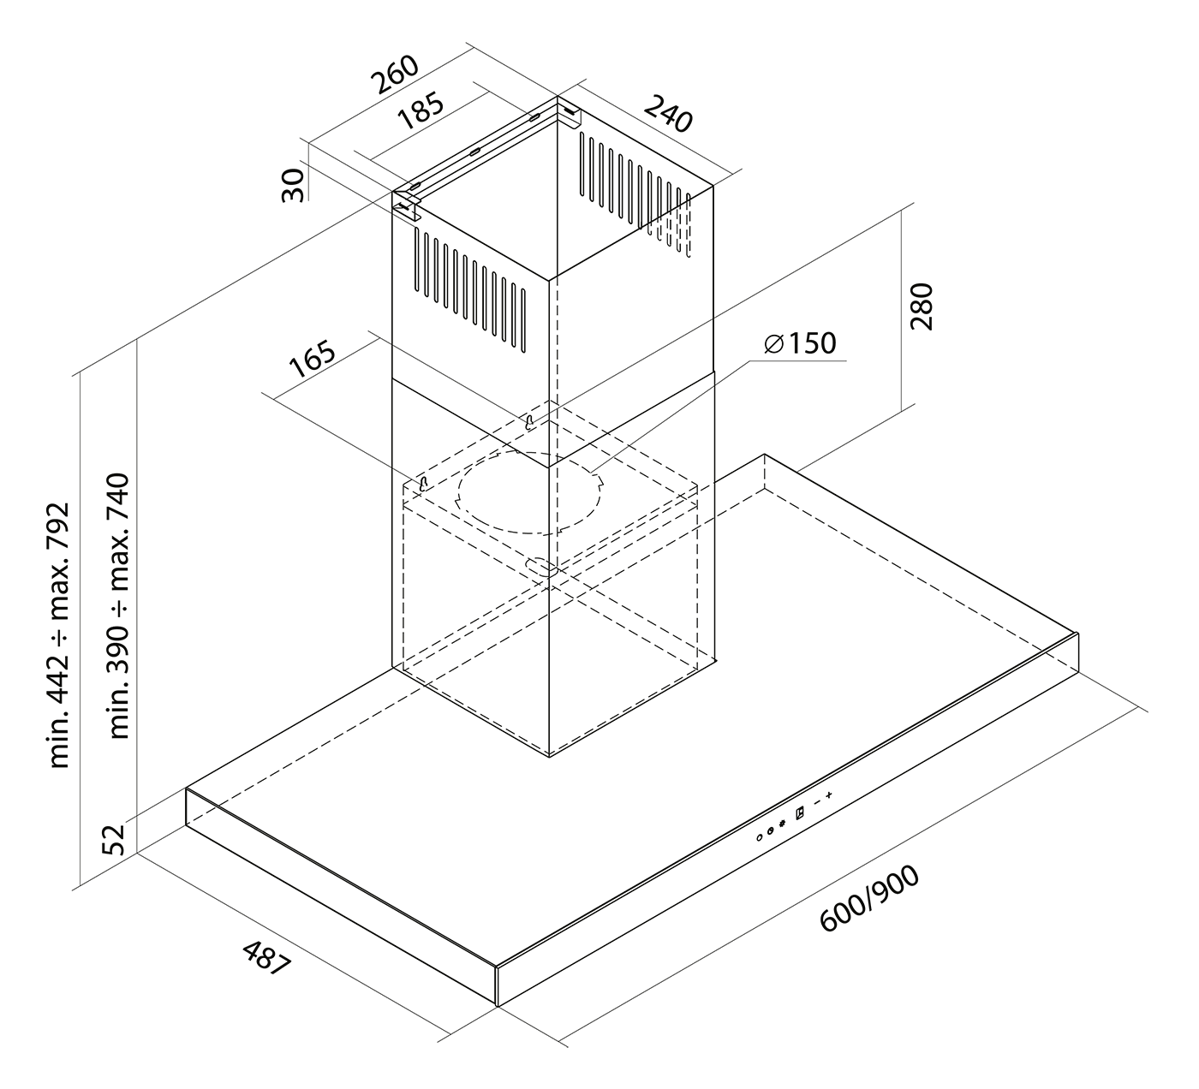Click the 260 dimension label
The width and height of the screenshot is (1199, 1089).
pyautogui.click(x=395, y=75)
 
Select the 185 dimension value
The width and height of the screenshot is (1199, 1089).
pyautogui.click(x=421, y=113)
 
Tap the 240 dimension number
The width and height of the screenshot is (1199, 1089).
pyautogui.click(x=667, y=114)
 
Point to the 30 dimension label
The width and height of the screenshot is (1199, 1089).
pyautogui.click(x=294, y=184)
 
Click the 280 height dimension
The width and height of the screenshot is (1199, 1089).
pyautogui.click(x=921, y=306)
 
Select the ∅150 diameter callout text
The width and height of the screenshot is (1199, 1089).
pyautogui.click(x=799, y=343)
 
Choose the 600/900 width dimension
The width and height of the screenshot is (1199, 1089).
pyautogui.click(x=868, y=898)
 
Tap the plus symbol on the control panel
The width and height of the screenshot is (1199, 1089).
pyautogui.click(x=829, y=797)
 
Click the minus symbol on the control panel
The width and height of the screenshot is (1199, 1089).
pyautogui.click(x=816, y=803)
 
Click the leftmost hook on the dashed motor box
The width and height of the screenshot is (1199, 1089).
pyautogui.click(x=422, y=484)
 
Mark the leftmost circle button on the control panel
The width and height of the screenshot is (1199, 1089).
pyautogui.click(x=760, y=836)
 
